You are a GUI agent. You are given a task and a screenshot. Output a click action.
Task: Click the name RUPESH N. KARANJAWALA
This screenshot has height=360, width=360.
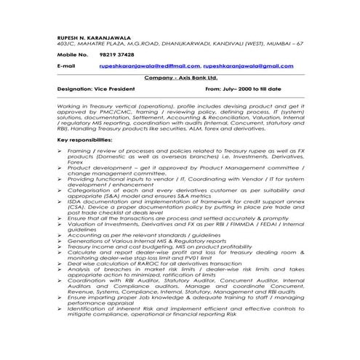pyautogui.click(x=93, y=36)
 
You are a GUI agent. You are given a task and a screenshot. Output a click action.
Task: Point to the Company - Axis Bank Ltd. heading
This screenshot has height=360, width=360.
pyautogui.click(x=180, y=76)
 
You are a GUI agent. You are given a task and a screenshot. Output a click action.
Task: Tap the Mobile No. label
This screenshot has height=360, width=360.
pyautogui.click(x=71, y=55)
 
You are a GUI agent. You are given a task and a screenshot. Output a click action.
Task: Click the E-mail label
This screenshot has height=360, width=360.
pyautogui.click(x=66, y=65)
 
